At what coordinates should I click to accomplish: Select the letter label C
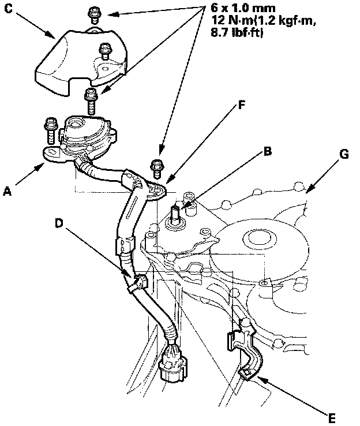[x=9, y=9]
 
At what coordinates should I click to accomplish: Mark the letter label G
[x=345, y=155]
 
